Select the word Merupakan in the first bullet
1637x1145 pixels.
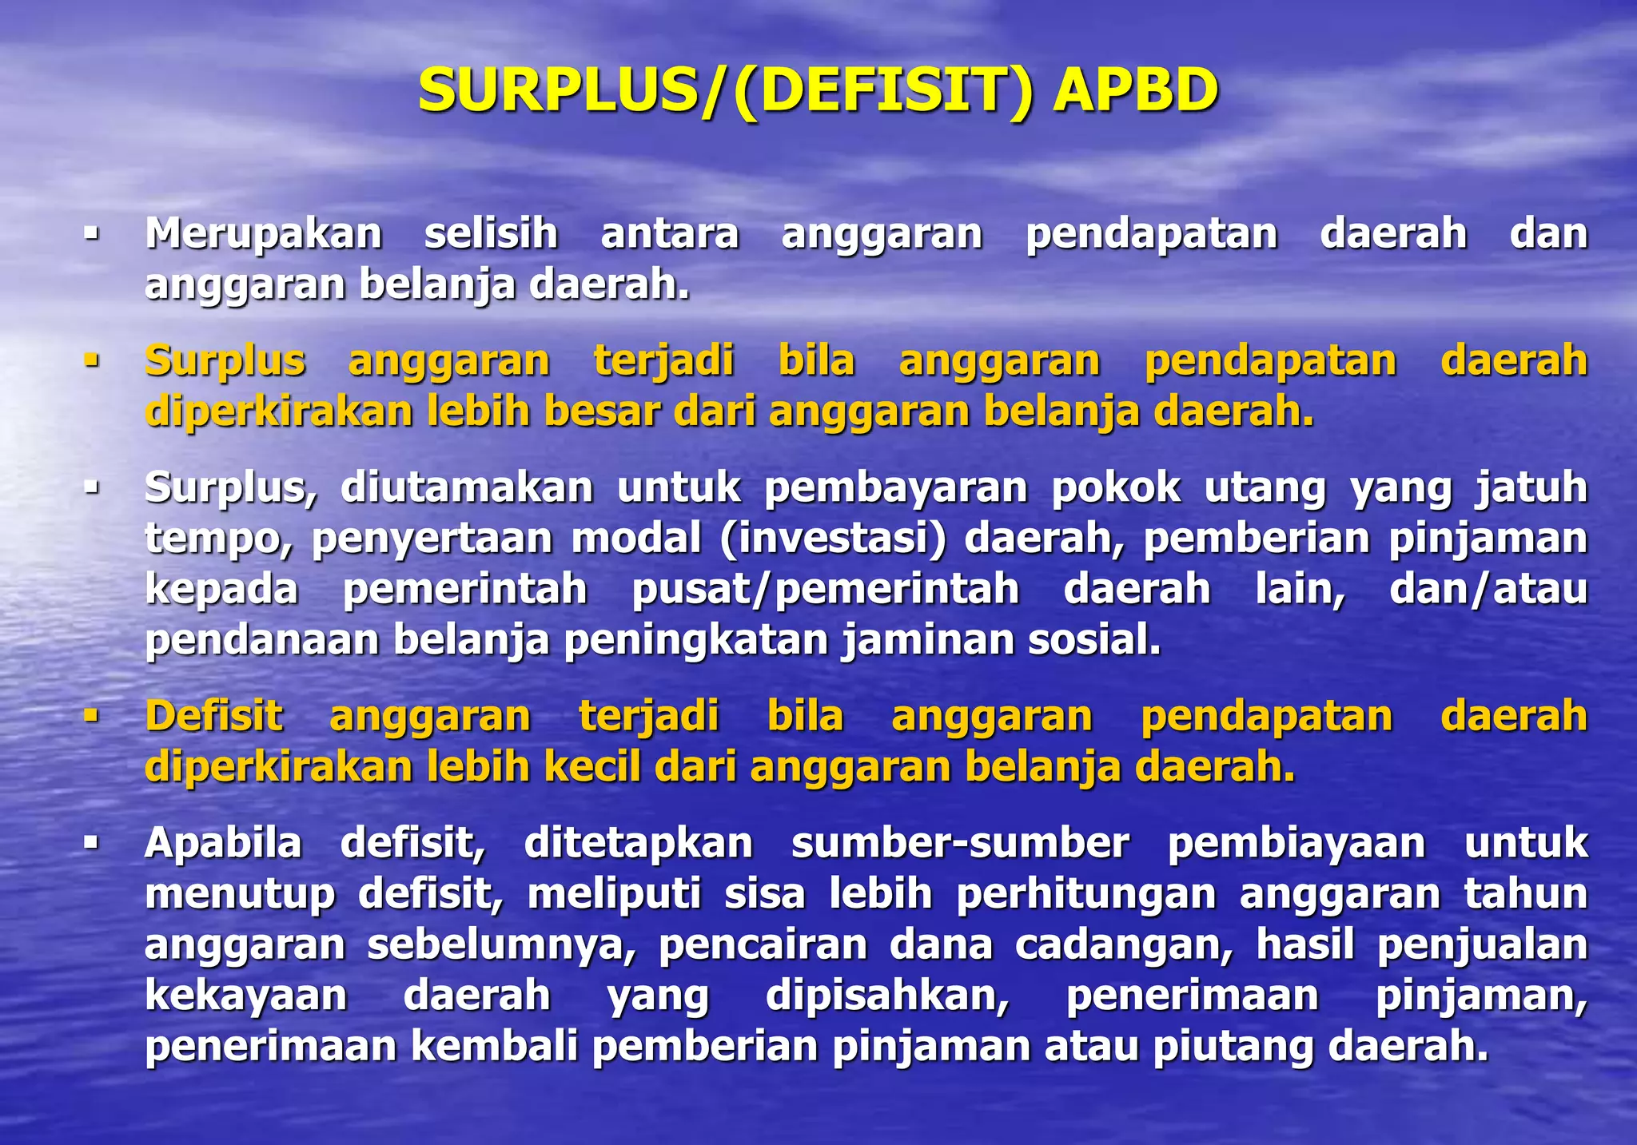click(x=264, y=234)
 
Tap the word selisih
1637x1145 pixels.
click(x=491, y=234)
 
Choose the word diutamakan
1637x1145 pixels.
click(x=467, y=487)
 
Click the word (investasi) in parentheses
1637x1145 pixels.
click(x=832, y=539)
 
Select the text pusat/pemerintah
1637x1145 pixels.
click(x=826, y=590)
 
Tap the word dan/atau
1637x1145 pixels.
click(x=1488, y=590)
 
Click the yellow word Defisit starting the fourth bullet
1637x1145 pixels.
click(x=213, y=716)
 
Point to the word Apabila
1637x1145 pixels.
click(x=223, y=843)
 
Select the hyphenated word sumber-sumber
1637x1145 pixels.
click(x=960, y=843)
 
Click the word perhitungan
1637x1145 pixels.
click(x=1085, y=893)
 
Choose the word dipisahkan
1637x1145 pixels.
click(x=887, y=996)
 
